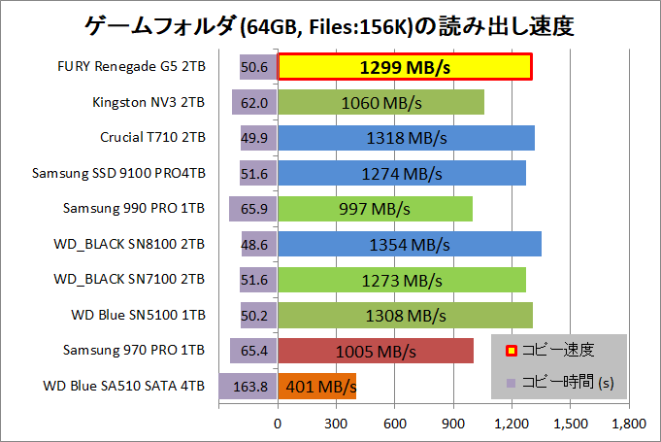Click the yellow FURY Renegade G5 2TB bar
coord(405,67)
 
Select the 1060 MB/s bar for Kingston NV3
coord(381,102)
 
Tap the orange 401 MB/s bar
coord(317,386)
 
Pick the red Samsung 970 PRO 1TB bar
coord(377,351)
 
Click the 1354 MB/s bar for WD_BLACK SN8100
coord(410,244)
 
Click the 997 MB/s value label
coord(375,209)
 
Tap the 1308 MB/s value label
coord(405,316)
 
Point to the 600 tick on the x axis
coord(395,424)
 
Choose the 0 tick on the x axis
coord(279,424)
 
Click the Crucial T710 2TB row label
coord(152,138)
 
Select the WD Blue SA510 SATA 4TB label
coord(124,387)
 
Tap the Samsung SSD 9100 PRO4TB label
coord(118,173)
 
